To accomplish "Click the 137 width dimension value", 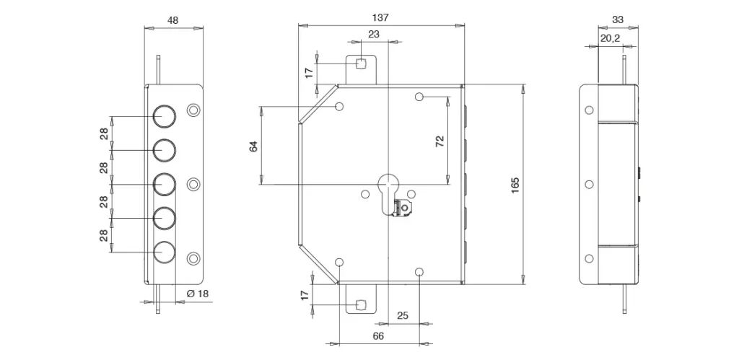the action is (380, 17).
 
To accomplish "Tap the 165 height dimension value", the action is (515, 185).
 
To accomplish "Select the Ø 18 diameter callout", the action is (198, 294).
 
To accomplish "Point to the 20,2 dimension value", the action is (610, 38).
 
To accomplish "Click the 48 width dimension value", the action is (173, 20).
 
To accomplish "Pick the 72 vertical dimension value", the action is (440, 141).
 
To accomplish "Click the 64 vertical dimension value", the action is (253, 146).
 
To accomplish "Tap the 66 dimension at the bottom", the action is (378, 336).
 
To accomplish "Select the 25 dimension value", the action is (403, 316).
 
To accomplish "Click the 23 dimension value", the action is (374, 34).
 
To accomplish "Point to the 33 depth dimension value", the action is (618, 19).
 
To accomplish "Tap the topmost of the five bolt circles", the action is (164, 116).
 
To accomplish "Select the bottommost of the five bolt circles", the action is (164, 252).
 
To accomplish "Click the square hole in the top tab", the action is (361, 63).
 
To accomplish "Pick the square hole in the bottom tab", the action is (361, 305).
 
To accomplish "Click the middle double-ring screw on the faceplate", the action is (193, 184).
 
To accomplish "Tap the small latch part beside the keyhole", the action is (403, 208).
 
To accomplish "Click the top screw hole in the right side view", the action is (589, 110).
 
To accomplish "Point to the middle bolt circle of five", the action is (164, 184).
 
